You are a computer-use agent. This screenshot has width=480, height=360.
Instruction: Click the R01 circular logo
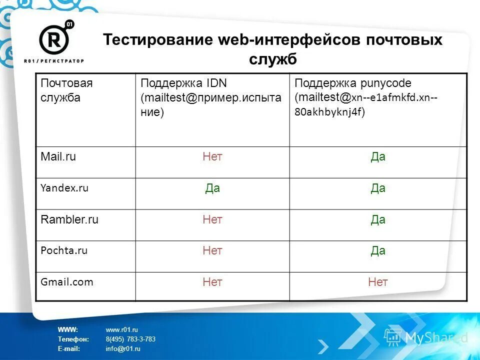click(54, 38)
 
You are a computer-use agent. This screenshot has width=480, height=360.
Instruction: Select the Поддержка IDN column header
click(184, 83)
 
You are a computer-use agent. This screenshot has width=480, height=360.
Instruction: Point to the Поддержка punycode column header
click(346, 83)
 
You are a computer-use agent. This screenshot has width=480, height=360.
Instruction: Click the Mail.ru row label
click(58, 157)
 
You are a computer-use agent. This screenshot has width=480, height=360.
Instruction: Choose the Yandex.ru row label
click(64, 188)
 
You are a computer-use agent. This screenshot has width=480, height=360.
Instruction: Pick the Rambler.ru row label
click(69, 219)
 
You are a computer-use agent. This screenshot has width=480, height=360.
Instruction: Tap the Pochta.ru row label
click(64, 251)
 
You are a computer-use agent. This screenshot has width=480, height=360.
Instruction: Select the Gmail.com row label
click(66, 282)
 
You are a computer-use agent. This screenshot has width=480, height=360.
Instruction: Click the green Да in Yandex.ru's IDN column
click(212, 188)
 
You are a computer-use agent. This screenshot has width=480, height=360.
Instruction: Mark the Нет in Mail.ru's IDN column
click(212, 157)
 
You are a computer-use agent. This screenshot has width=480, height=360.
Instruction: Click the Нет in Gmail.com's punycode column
click(377, 282)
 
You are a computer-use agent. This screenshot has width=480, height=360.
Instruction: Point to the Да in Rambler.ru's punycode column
click(378, 219)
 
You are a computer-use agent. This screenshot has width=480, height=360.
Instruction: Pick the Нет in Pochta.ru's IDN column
click(212, 251)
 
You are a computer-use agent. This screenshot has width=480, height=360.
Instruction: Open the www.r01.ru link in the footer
click(121, 329)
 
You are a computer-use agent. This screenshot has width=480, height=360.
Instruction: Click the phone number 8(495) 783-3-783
click(130, 339)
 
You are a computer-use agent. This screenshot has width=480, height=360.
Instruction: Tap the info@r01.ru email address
click(123, 348)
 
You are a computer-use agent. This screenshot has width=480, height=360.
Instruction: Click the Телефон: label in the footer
click(73, 339)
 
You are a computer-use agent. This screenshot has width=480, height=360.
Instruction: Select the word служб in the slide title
click(273, 59)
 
